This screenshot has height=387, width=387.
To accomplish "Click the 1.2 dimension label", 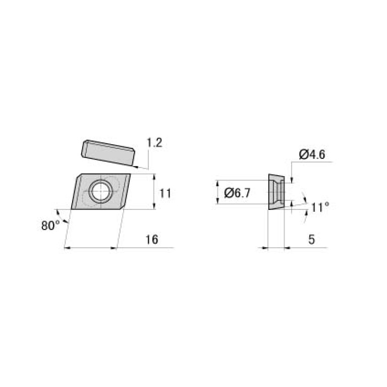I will (154, 143).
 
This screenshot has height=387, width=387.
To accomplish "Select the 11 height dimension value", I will (165, 193).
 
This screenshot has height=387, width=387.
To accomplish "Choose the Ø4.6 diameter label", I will (312, 154).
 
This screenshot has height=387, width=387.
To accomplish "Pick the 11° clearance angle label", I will (320, 207).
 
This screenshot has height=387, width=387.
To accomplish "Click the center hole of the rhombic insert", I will (101, 191).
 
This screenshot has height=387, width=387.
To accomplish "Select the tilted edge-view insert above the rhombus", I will (108, 152).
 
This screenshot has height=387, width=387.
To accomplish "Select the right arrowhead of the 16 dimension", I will (115, 248).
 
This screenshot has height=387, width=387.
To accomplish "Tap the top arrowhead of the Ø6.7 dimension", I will (217, 182).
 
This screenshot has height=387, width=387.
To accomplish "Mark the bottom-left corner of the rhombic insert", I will (72, 208).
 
